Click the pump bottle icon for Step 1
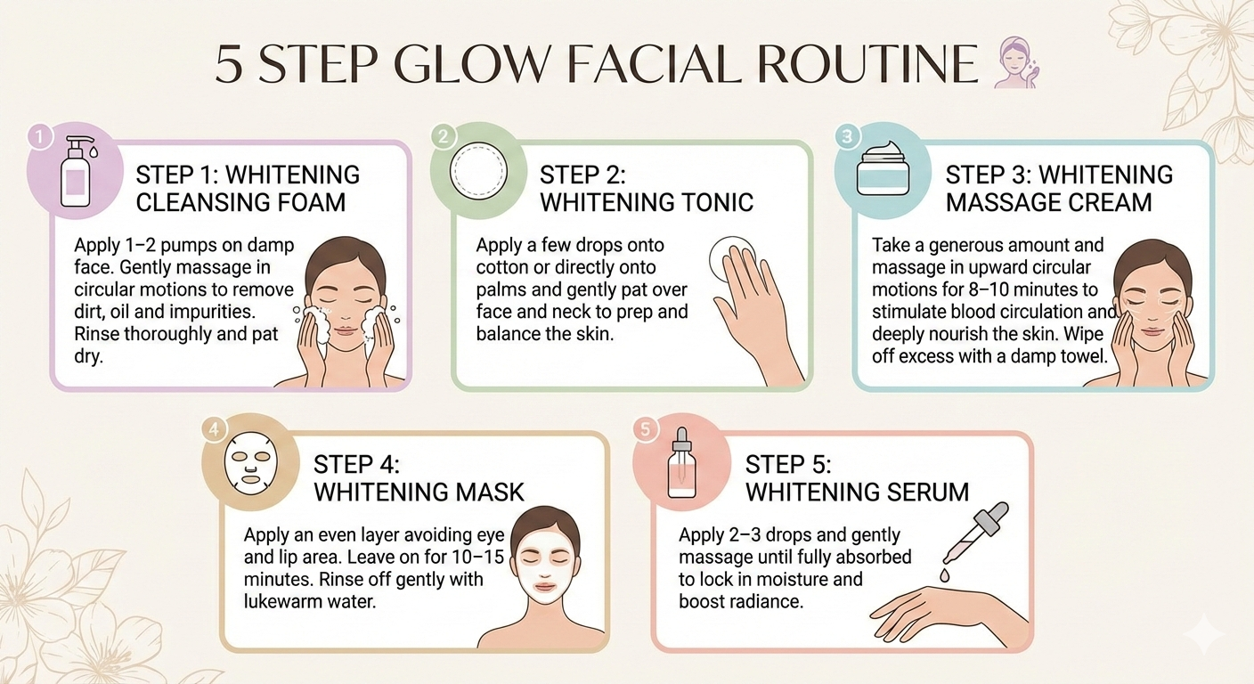tap(77, 171)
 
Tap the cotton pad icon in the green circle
tap(478, 171)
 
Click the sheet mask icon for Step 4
tap(251, 463)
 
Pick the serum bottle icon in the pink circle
tap(682, 463)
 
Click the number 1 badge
tap(40, 137)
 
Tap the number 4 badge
tap(213, 429)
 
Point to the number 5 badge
tap(645, 429)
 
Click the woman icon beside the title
tap(1016, 62)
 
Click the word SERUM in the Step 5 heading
tap(921, 492)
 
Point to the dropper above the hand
tap(975, 533)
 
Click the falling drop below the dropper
tap(944, 574)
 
